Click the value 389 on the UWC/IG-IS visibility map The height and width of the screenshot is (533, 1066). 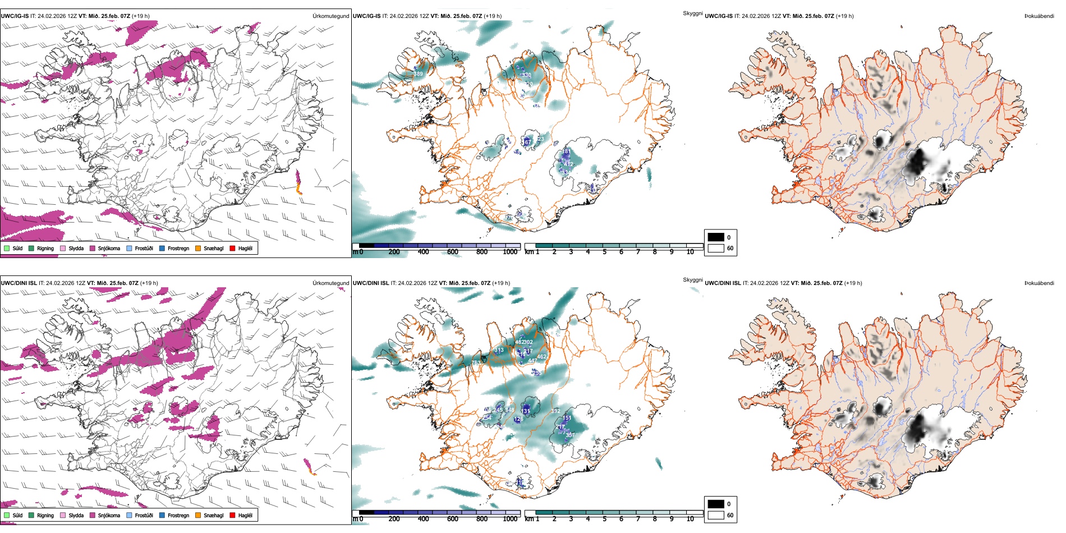point(418,74)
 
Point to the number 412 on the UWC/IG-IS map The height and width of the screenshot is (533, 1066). point(568,164)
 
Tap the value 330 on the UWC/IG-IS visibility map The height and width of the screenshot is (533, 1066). point(526,75)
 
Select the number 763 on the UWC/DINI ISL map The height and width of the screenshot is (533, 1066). point(476,362)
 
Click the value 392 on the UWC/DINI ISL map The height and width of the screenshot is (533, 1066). point(555,411)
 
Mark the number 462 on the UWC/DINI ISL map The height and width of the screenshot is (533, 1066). point(541,357)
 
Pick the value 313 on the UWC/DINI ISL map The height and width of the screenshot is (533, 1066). point(499,350)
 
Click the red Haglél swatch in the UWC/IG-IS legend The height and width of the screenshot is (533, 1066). point(232,248)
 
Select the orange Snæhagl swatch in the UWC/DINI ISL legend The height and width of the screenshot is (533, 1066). point(198,515)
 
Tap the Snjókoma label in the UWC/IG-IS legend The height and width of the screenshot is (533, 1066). point(109,248)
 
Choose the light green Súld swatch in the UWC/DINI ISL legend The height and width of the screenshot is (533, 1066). point(7,515)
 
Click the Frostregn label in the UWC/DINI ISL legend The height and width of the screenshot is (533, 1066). point(178,515)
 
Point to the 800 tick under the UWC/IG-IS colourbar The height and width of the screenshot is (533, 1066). point(482,252)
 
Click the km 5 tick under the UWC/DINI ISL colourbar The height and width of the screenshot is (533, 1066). point(604,519)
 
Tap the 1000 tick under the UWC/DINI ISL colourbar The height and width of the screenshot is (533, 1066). point(510,519)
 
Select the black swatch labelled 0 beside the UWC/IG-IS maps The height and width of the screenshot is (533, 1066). point(716,237)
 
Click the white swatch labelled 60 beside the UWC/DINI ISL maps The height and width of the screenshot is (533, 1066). point(716,515)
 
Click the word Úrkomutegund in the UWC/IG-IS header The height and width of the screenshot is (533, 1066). point(330,16)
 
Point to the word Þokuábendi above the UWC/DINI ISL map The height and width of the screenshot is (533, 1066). point(1039,283)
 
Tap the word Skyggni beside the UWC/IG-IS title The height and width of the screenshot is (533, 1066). point(692,13)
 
